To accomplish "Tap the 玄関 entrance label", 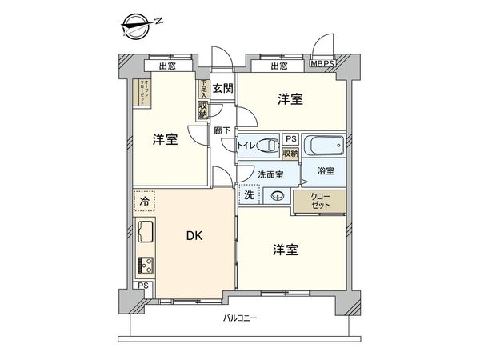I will (222, 88).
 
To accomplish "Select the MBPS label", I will (322, 66).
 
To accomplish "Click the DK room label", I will (194, 235).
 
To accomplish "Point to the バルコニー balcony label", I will (240, 318).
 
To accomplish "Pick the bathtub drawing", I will (324, 146).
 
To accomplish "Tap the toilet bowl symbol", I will (268, 144).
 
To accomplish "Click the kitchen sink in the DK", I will (145, 234).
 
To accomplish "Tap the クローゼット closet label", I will (309, 201).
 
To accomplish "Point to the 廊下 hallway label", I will (222, 130).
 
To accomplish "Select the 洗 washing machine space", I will (249, 194).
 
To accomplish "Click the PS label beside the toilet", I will (290, 138).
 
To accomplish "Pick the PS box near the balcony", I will (142, 286).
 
